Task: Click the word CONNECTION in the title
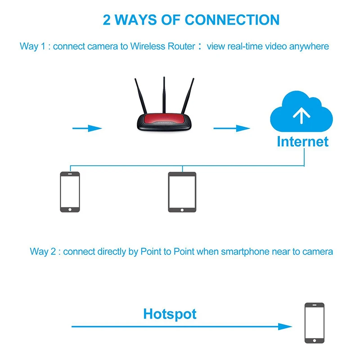point(232,20)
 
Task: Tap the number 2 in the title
point(107,20)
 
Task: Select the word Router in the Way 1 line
point(181,46)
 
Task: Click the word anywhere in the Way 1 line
point(309,46)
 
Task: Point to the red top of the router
point(164,118)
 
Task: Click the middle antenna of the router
point(164,95)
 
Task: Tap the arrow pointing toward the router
point(87,128)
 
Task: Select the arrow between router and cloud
point(232,128)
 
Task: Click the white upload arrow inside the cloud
point(301,115)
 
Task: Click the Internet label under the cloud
point(302,141)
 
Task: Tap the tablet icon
point(182,192)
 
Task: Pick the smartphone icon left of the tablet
point(70,192)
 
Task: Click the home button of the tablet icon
point(182,210)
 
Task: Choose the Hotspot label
point(170,314)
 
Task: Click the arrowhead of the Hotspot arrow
point(285,327)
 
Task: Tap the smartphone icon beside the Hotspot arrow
point(315,323)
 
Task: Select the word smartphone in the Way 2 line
point(245,252)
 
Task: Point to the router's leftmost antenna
point(140,96)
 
